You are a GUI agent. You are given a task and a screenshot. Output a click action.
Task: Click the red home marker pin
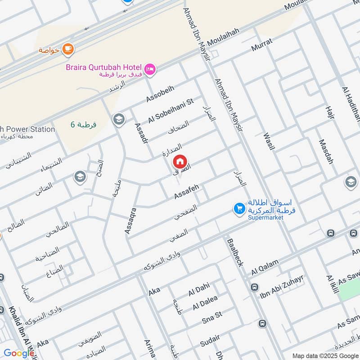click(x=180, y=161)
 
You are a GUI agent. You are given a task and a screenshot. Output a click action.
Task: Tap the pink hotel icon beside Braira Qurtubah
click(x=150, y=68)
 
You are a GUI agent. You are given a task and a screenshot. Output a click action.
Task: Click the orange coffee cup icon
click(x=68, y=49)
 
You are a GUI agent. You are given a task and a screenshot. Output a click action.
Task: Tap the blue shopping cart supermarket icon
click(x=239, y=209)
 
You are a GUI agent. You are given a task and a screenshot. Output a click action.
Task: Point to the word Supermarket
click(x=265, y=217)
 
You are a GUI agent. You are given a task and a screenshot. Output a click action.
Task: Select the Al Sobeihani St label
click(x=171, y=110)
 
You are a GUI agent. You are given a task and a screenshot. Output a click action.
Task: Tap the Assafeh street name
click(x=186, y=191)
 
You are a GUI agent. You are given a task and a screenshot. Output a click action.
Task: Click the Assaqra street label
click(x=130, y=216)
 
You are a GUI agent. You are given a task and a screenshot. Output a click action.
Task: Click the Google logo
click(x=18, y=353)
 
